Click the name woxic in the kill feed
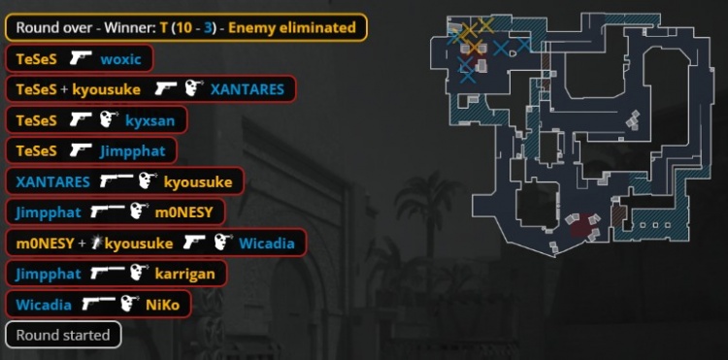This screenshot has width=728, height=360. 120,59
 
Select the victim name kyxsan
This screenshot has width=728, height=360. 149,120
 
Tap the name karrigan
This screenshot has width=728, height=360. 184,274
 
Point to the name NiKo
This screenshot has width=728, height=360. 162,305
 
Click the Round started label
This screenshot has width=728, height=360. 63,335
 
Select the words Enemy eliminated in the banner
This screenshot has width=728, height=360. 292,27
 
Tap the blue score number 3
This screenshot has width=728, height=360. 209,27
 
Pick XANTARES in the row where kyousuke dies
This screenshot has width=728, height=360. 52,181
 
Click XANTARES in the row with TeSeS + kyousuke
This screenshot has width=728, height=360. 247,89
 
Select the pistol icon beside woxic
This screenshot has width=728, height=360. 81,58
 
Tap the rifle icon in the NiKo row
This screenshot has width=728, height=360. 98,304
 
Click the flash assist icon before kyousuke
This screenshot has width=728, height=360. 96,243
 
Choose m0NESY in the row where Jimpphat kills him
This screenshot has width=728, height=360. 183,213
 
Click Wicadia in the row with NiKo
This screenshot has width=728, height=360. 44,305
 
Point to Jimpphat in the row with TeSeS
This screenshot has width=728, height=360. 132,151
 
